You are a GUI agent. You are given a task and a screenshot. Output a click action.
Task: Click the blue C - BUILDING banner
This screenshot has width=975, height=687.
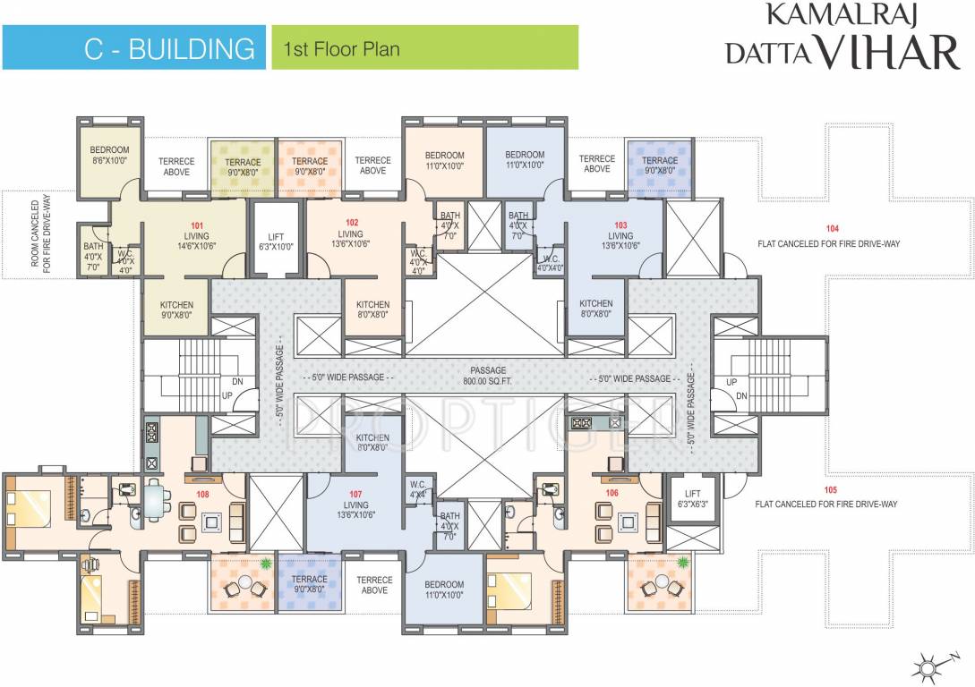(x=134, y=47)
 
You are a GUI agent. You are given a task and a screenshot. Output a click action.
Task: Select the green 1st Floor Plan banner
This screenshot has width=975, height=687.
(x=424, y=47)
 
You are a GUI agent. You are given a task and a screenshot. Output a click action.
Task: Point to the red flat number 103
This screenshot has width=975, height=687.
(x=620, y=225)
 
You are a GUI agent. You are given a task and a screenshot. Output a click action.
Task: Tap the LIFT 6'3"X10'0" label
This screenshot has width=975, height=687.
(x=275, y=242)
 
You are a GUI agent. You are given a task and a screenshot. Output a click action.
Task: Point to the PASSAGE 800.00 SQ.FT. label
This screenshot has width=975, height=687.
(x=488, y=374)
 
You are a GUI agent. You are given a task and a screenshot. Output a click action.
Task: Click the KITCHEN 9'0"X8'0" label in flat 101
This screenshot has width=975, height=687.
(x=176, y=310)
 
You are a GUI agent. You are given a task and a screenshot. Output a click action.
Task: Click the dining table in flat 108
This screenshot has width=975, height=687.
(x=158, y=500)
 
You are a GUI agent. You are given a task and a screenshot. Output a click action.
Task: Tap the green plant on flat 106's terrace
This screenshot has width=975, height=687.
(x=685, y=562)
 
